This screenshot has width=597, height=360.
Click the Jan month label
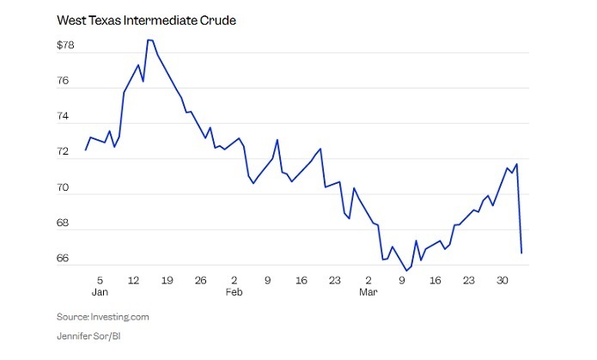click(x=101, y=293)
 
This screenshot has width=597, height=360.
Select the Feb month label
click(x=235, y=293)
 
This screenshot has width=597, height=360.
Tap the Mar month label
click(x=368, y=293)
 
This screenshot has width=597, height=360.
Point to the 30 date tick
click(x=503, y=280)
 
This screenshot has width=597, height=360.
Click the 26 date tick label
click(x=200, y=280)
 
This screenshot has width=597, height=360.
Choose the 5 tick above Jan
click(x=100, y=280)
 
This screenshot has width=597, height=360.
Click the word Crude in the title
click(x=216, y=20)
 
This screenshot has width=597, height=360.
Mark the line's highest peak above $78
click(x=150, y=40)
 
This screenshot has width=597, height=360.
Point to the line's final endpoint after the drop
click(x=521, y=252)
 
